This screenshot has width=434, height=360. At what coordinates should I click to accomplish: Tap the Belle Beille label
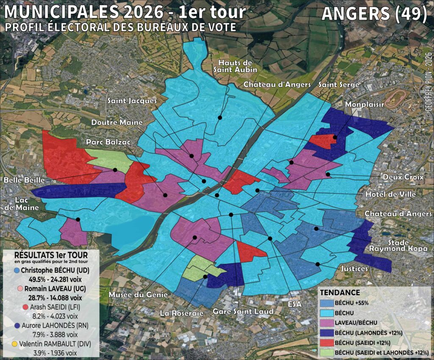point(21,180)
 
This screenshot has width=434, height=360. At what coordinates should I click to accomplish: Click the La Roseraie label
point(182,313)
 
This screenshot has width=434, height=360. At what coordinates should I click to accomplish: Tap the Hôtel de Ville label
point(390,194)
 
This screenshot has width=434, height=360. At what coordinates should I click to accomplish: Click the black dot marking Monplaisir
point(335,137)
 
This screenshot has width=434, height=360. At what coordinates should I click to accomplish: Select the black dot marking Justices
point(318,264)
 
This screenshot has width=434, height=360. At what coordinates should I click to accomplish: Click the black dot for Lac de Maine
point(78,219)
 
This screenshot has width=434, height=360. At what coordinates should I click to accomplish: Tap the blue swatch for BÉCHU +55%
point(326,303)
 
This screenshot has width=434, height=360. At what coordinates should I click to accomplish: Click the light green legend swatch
point(326,352)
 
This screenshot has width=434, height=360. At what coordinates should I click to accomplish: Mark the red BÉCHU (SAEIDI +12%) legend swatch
point(326,342)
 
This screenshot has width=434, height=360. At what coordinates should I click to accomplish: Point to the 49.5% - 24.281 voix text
point(52,280)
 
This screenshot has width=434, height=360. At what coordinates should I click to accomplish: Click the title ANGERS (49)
point(374,14)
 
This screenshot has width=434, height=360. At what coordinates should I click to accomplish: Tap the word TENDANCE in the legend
point(339,293)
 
